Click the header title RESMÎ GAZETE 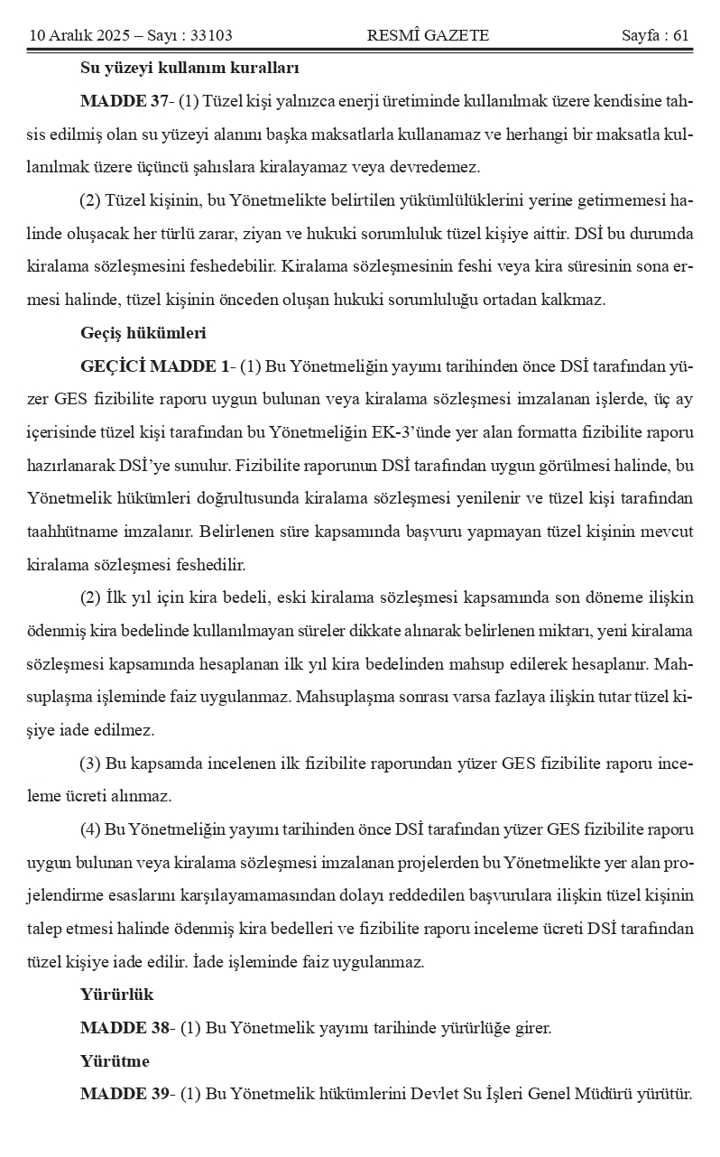(428, 36)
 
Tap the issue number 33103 (213, 36)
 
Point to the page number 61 (681, 36)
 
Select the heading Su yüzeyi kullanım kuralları (189, 68)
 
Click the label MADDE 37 (117, 99)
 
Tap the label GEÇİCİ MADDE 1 (154, 366)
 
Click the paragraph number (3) (90, 764)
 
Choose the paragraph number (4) (90, 829)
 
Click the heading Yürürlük (116, 995)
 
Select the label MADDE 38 (117, 1028)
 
